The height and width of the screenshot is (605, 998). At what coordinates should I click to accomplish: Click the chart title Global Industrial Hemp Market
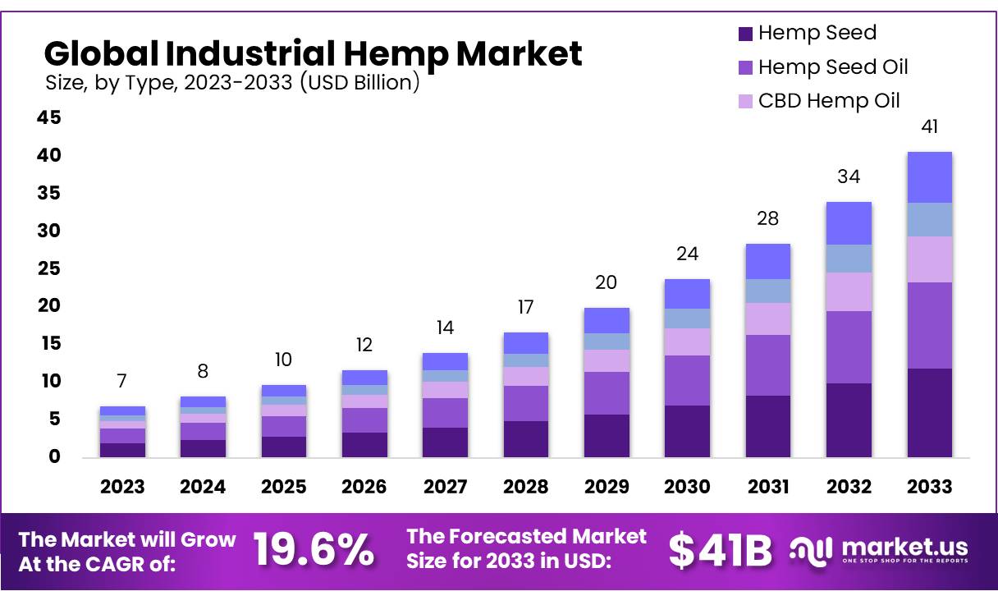pos(313,53)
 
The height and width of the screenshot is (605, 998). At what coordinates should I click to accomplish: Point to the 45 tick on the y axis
pos(48,118)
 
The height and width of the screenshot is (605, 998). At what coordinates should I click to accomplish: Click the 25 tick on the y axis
pos(48,268)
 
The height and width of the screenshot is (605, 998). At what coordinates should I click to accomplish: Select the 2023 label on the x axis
pos(122,487)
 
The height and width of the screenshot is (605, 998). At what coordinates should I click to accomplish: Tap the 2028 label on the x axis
pos(525,487)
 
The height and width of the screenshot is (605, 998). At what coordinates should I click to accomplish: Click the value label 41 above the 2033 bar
pos(929,126)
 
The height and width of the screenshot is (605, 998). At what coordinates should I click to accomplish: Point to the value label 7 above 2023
pos(122,381)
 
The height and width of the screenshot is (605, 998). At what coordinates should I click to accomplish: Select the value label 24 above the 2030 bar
pos(687,254)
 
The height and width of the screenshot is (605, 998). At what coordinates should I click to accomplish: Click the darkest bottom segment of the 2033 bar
pos(929,412)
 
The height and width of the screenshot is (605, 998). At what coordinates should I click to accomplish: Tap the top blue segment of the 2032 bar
pos(849,222)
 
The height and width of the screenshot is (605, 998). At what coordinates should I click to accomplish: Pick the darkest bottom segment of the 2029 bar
pos(607,435)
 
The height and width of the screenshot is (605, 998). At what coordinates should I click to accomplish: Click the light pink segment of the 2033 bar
pos(929,259)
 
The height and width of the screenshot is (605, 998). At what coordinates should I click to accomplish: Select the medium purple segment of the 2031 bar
pos(767,364)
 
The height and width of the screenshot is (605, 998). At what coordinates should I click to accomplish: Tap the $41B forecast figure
pos(720,550)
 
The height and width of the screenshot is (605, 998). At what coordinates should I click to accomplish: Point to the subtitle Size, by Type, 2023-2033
pos(231,82)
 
